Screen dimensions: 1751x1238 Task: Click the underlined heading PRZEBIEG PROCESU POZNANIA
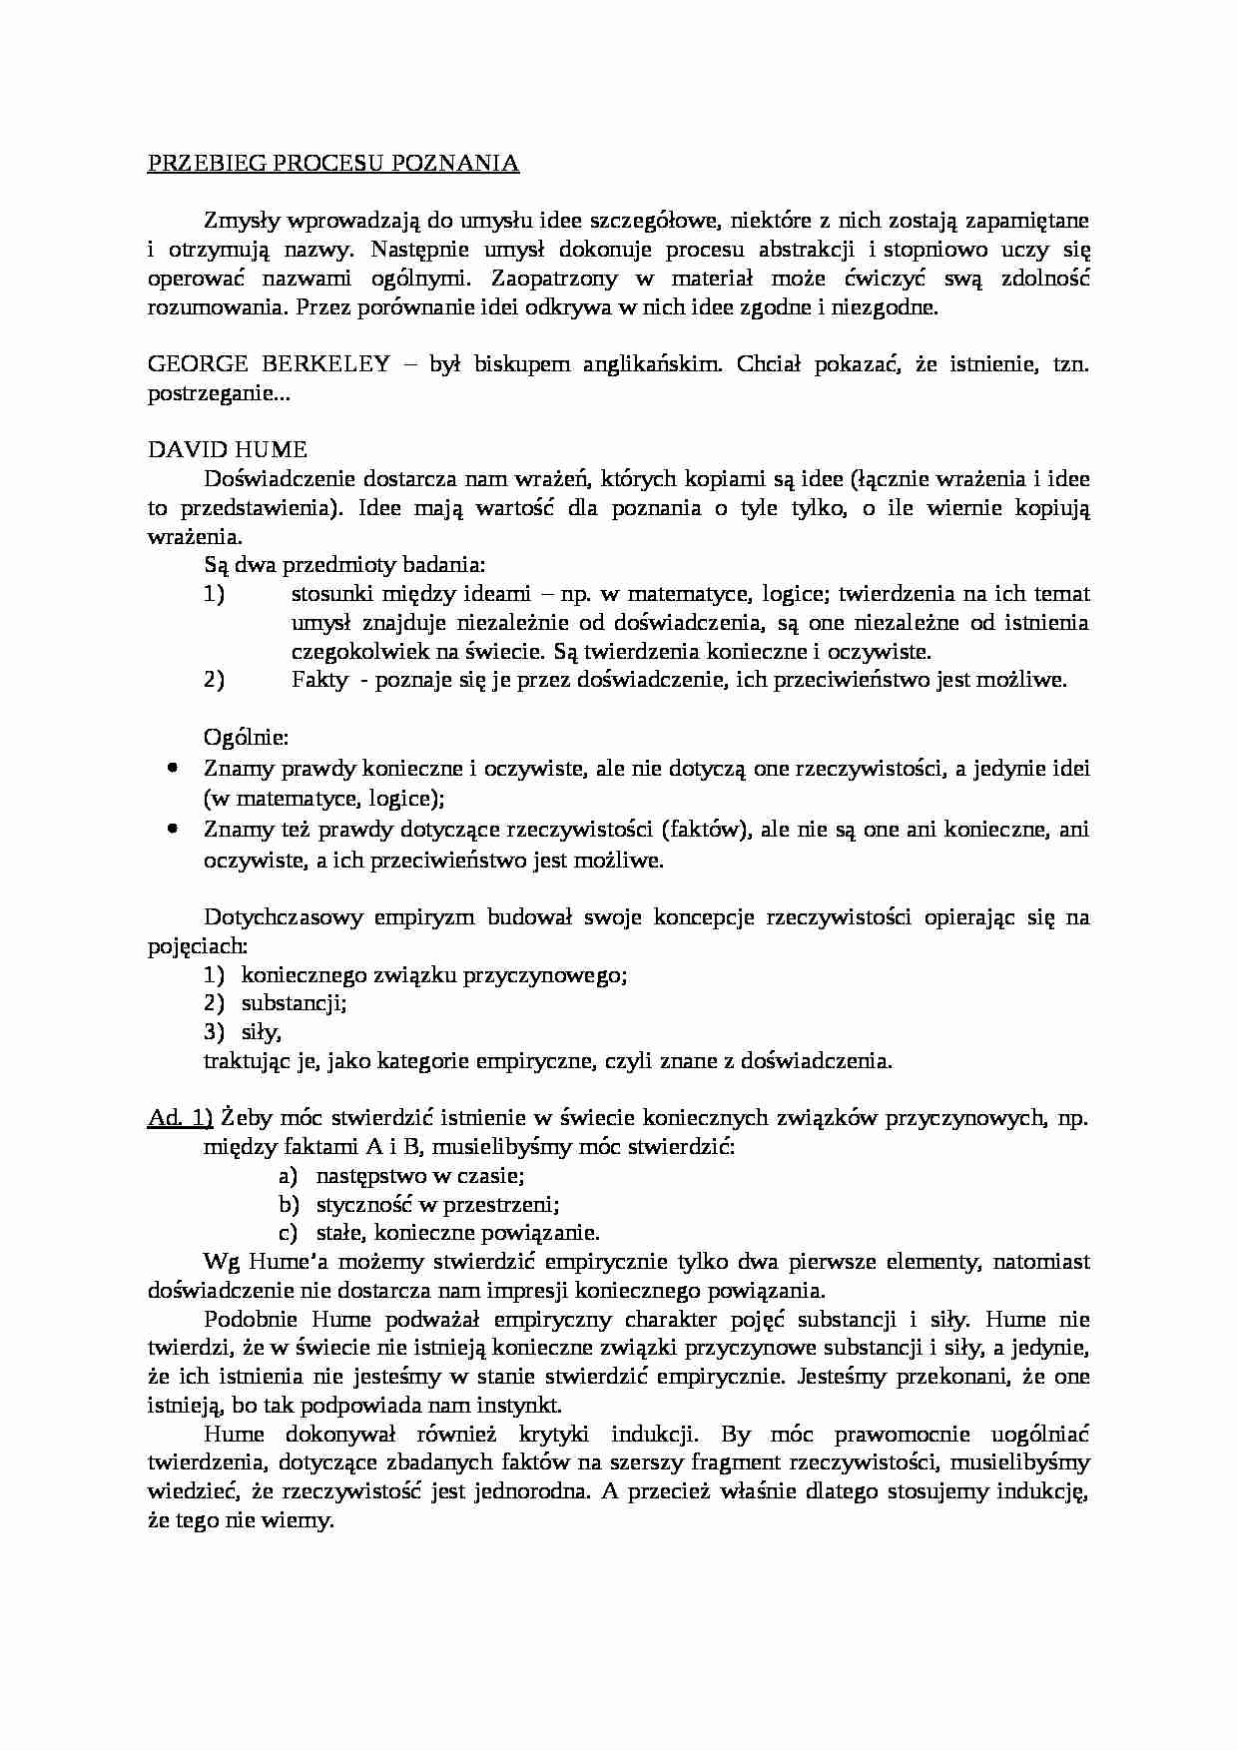(333, 164)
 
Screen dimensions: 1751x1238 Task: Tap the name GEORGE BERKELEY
(269, 364)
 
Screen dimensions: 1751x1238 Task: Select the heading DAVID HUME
(228, 450)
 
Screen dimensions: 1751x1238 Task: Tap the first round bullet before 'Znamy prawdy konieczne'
(173, 768)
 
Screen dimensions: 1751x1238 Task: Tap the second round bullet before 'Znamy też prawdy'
(173, 828)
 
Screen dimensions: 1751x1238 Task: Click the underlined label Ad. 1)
(180, 1117)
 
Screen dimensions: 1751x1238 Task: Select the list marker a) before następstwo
(289, 1176)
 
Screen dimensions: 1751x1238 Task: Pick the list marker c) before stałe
(289, 1233)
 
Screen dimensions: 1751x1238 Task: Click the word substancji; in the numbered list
(294, 1003)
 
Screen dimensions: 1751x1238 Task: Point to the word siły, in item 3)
(262, 1032)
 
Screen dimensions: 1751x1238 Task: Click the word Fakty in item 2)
(319, 681)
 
